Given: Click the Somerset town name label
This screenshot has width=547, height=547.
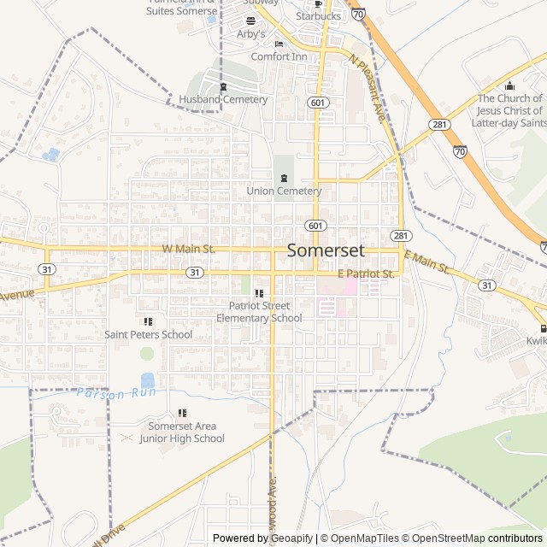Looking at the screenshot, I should (326, 250).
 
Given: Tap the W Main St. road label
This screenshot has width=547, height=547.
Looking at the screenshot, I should (188, 249).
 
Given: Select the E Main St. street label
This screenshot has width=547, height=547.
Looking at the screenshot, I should (426, 262).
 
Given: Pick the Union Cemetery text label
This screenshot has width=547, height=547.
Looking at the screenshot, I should (284, 191).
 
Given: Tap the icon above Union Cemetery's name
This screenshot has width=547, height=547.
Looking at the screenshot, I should (284, 176).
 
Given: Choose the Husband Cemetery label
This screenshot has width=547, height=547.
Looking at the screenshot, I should (223, 99).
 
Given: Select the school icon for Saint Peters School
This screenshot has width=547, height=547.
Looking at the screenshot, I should (148, 321).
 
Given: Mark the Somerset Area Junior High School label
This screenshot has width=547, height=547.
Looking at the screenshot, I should (182, 432).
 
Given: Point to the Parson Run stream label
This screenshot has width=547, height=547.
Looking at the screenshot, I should (111, 394).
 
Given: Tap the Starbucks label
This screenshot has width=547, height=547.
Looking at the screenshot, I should (319, 15).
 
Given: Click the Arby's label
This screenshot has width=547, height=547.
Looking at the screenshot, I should (251, 34).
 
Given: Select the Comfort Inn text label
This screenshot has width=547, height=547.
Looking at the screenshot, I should (279, 56).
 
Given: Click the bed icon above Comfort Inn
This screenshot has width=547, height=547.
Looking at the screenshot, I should (279, 44).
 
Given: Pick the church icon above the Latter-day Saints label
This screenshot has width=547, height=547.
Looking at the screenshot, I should (510, 85).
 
